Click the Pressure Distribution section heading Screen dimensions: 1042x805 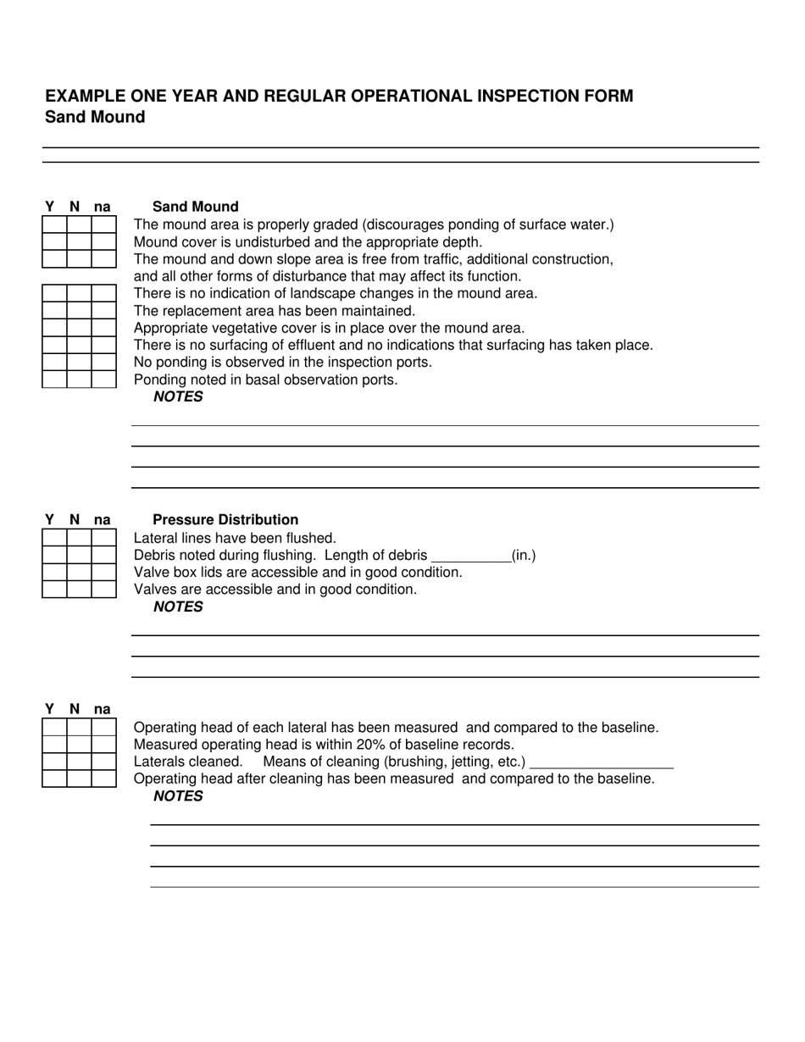tap(225, 519)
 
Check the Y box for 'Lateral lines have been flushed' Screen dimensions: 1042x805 tap(54, 538)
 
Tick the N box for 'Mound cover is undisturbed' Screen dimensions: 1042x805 tap(79, 241)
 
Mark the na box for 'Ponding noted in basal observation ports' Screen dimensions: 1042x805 tap(103, 379)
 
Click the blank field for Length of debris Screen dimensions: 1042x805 tap(470, 556)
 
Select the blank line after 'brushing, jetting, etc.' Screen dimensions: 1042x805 tap(601, 762)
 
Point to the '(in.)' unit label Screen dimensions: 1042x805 tap(524, 556)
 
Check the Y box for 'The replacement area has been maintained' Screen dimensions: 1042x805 tap(54, 310)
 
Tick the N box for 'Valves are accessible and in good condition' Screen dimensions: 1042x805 tap(79, 589)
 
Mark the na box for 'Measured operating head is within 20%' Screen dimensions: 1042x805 tap(103, 744)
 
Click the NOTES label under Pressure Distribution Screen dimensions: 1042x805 tap(178, 607)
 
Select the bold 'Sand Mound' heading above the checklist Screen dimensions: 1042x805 tap(195, 207)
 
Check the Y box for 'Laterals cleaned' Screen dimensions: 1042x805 tap(54, 761)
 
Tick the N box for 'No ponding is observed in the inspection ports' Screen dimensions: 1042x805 tap(79, 362)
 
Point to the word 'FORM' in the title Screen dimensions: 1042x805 tap(607, 96)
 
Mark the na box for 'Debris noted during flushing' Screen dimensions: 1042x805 tap(103, 555)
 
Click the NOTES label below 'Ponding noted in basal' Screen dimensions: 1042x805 tap(178, 396)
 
